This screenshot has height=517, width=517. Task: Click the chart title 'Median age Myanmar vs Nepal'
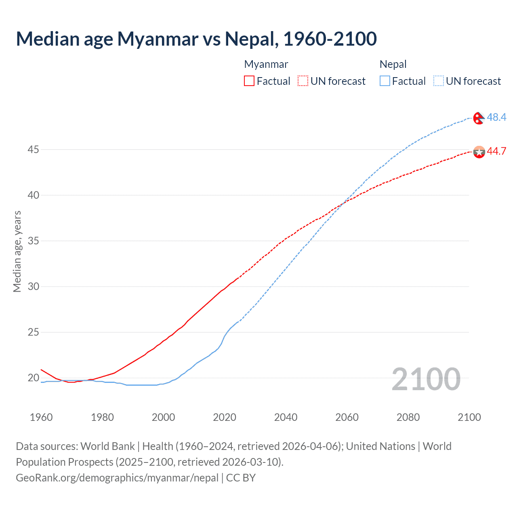click(x=196, y=39)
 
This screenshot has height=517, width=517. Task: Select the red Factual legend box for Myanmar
click(x=249, y=81)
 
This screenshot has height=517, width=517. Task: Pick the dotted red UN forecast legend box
click(x=303, y=81)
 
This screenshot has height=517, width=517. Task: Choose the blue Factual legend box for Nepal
click(x=385, y=81)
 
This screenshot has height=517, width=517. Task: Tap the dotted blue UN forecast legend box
click(x=438, y=81)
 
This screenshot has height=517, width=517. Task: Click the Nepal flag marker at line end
click(x=479, y=118)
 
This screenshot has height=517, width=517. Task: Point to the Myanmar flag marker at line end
click(x=479, y=152)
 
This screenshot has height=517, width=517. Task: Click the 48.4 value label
click(x=496, y=117)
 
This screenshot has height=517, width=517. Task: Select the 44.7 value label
click(x=496, y=151)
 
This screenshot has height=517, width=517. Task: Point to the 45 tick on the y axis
click(x=33, y=149)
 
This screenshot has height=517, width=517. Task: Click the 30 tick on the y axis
click(x=33, y=286)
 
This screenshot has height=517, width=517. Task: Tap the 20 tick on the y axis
click(x=33, y=378)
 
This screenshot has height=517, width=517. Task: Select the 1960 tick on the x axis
click(x=41, y=417)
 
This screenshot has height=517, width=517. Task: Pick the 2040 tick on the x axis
click(x=286, y=417)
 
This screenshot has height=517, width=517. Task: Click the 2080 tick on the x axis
click(x=408, y=417)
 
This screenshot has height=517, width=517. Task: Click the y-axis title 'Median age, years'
click(x=17, y=251)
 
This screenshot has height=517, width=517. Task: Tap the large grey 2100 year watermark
click(x=426, y=379)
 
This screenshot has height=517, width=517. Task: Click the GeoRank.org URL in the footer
click(x=117, y=478)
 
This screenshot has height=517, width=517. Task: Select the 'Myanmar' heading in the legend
click(x=266, y=64)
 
